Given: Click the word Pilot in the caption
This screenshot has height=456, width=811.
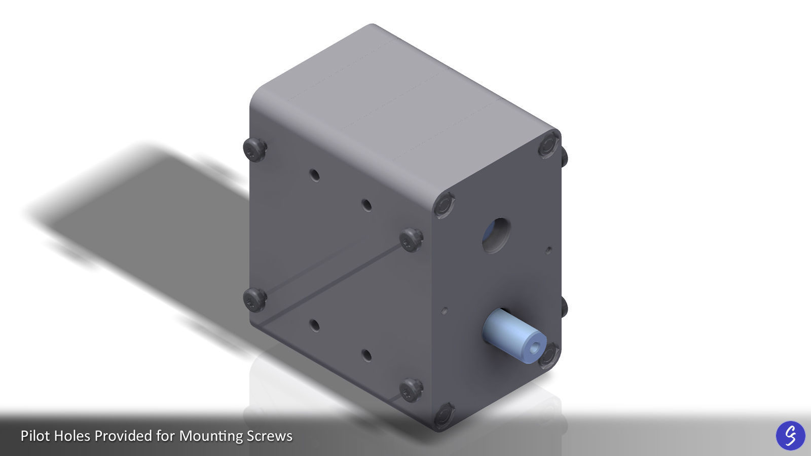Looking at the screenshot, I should [x=35, y=436].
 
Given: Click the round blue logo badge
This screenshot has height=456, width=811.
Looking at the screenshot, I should [x=790, y=435].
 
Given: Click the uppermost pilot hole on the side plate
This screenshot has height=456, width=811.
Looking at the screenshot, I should [x=314, y=176].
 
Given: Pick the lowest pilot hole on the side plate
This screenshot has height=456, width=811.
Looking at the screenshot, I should [x=366, y=355].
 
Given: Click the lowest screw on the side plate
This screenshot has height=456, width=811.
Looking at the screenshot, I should [x=411, y=390].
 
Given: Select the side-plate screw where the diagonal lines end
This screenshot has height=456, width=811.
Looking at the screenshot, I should [x=411, y=239].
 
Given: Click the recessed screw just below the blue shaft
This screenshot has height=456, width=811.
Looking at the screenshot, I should [x=549, y=356].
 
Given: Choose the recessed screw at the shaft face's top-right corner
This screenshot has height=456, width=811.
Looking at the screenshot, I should [x=548, y=145].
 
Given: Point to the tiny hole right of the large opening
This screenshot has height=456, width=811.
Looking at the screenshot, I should [x=548, y=249].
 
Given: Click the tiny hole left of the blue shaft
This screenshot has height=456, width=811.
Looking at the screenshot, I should [x=445, y=310].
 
